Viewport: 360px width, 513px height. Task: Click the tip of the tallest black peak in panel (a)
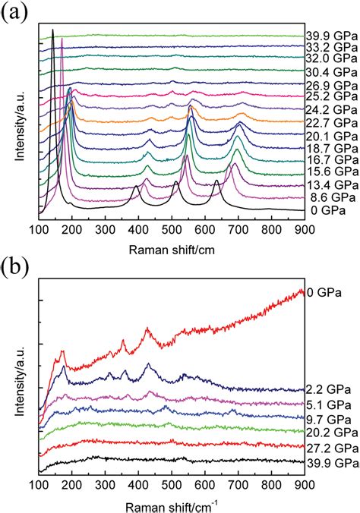[52, 30]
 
